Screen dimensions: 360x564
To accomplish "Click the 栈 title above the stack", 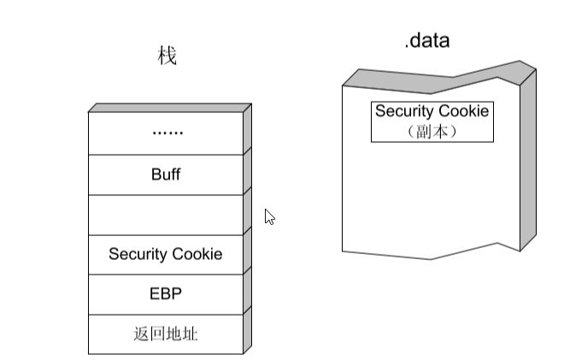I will click(x=167, y=57).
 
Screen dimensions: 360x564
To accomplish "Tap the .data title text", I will click(x=426, y=40).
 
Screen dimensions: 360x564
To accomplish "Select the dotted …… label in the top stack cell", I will click(x=166, y=133).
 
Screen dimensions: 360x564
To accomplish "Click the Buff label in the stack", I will click(x=166, y=174).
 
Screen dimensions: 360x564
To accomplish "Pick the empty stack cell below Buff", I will click(x=166, y=215).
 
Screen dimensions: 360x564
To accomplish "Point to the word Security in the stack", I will click(x=137, y=254).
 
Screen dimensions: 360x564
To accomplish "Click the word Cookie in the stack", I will click(x=196, y=254).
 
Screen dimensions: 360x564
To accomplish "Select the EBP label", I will click(x=166, y=294).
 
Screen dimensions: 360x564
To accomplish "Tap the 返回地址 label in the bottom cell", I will click(x=166, y=333).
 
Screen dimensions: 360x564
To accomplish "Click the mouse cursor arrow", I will click(x=269, y=215).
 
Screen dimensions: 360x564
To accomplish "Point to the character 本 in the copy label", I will click(x=441, y=132).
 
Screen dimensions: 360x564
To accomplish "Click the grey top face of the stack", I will click(x=169, y=108).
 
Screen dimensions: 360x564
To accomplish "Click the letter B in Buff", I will click(x=155, y=174).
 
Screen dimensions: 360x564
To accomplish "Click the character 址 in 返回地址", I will click(x=191, y=333).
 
